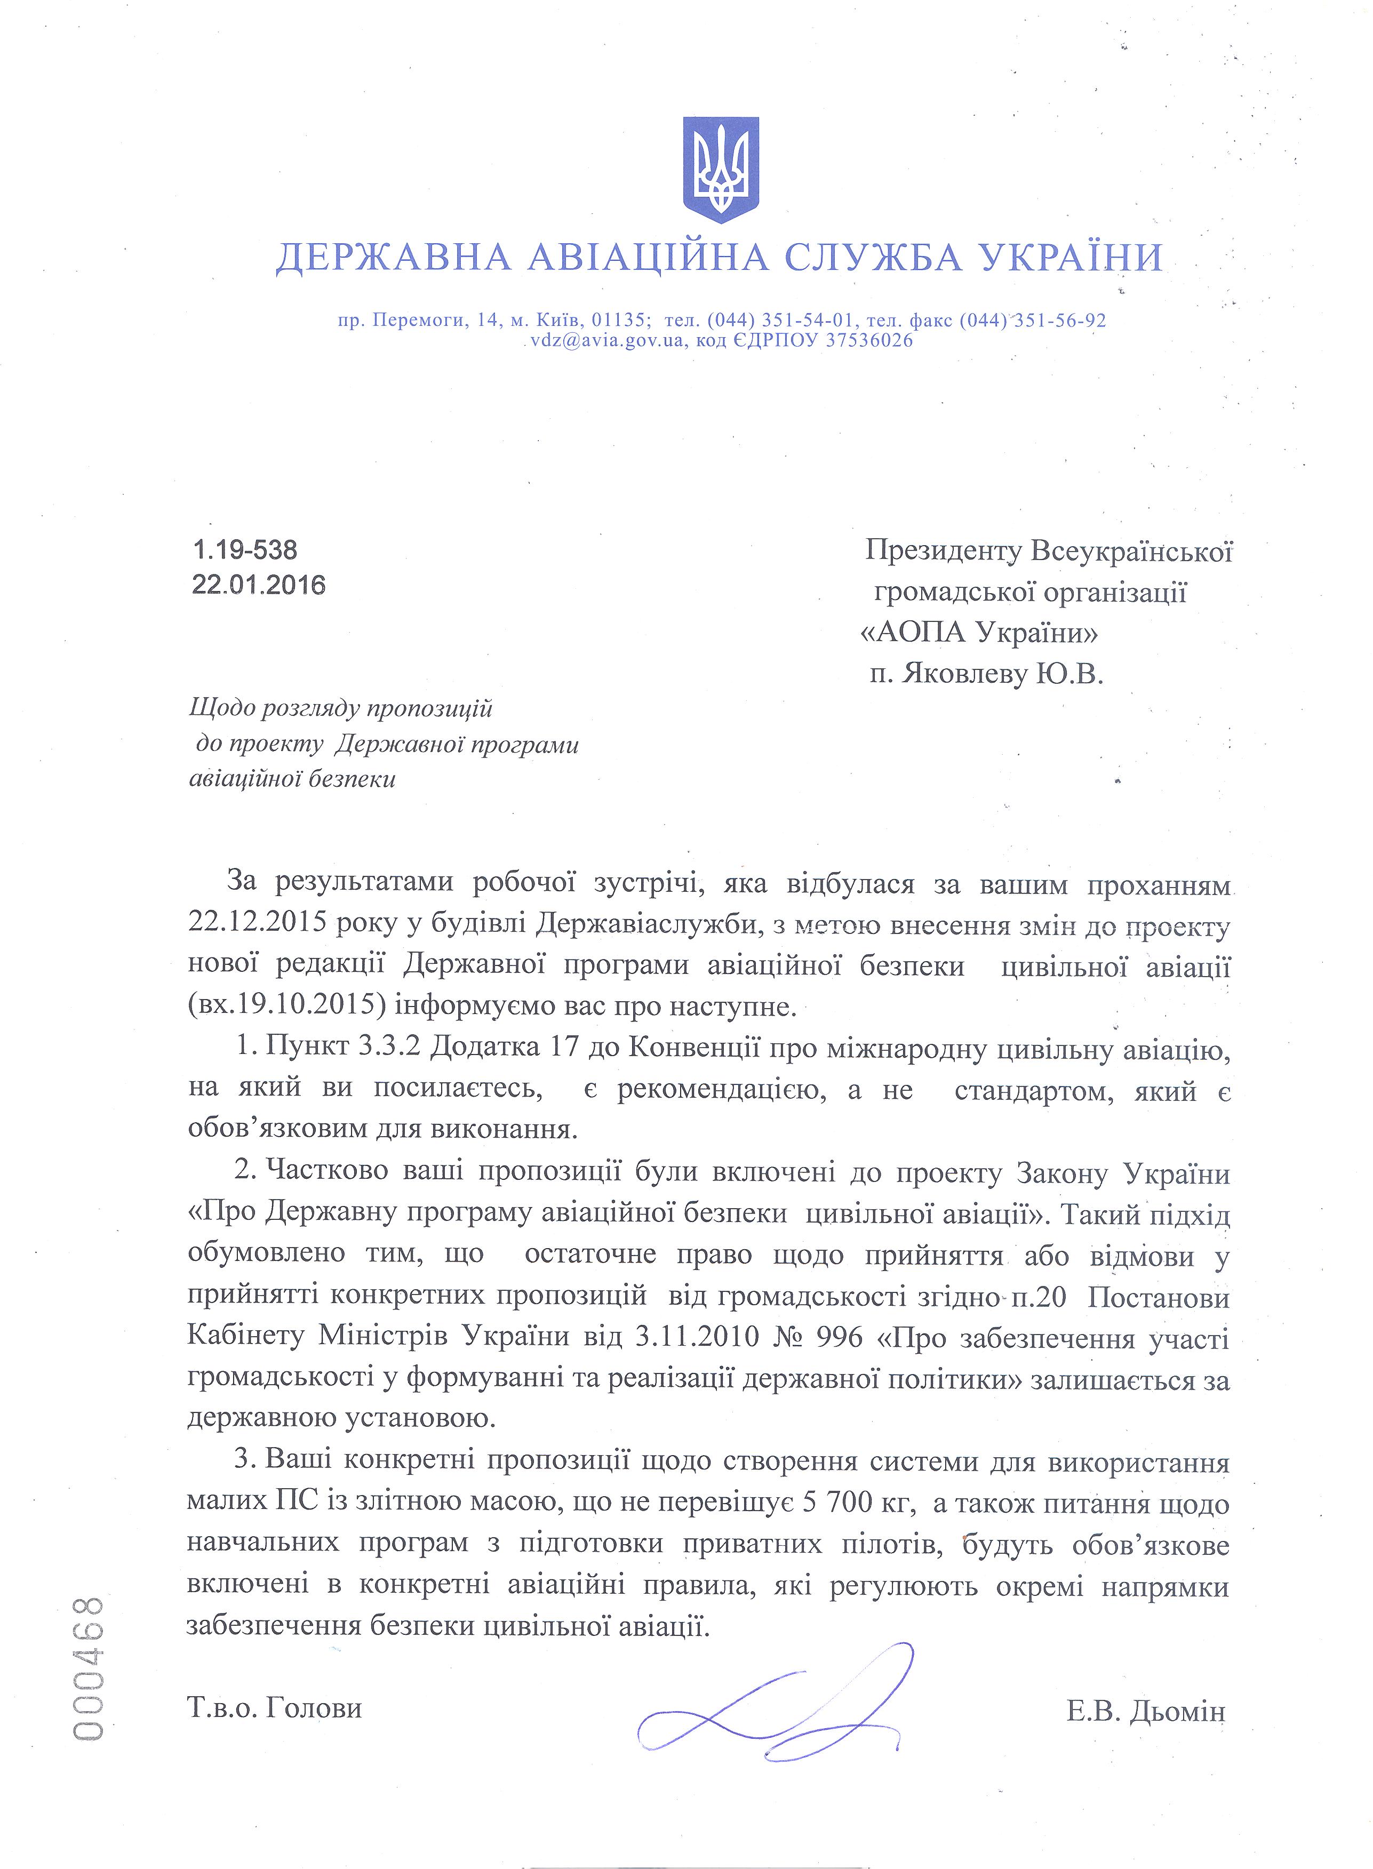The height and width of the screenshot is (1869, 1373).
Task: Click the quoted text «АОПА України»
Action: point(978,633)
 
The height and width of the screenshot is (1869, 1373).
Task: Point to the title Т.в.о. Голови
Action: point(274,1708)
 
